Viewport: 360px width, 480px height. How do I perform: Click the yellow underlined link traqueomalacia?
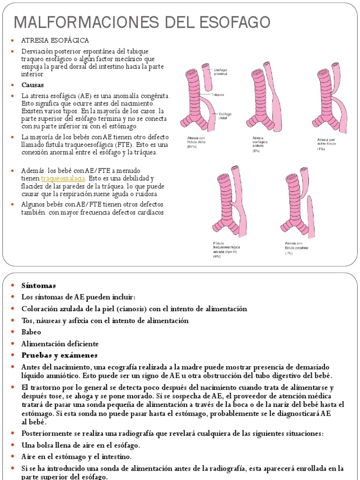63,179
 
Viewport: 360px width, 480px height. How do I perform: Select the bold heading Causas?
32,85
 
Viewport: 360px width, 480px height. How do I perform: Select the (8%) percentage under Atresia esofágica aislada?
256,151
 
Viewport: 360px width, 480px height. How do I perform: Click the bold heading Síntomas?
38,285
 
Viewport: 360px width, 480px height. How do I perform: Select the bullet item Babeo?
31,332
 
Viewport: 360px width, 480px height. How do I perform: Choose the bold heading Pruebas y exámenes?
60,355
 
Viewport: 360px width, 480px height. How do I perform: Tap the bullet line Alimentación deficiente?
60,344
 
